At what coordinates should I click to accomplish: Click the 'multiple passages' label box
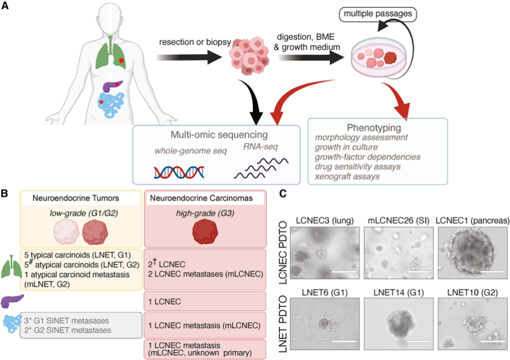(378, 14)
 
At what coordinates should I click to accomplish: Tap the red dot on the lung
(121, 61)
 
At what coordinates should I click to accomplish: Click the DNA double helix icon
(179, 172)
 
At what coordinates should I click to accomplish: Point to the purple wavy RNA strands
(261, 168)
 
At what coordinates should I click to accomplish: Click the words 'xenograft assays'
(347, 176)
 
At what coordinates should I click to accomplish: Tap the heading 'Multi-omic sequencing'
(219, 135)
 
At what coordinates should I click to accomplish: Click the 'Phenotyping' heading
(374, 128)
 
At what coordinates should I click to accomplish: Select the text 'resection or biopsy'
(195, 42)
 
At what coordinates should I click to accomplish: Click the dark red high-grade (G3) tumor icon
(205, 232)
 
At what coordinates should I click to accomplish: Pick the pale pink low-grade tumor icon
(66, 232)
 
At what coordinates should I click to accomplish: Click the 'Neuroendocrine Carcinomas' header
(201, 198)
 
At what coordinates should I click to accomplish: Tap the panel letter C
(283, 194)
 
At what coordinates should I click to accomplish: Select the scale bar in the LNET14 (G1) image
(419, 342)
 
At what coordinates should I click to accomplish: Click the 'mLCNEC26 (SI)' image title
(398, 221)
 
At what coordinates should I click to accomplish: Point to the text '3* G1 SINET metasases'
(66, 321)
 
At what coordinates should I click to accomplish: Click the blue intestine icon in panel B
(12, 325)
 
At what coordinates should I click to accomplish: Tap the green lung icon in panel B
(11, 266)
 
